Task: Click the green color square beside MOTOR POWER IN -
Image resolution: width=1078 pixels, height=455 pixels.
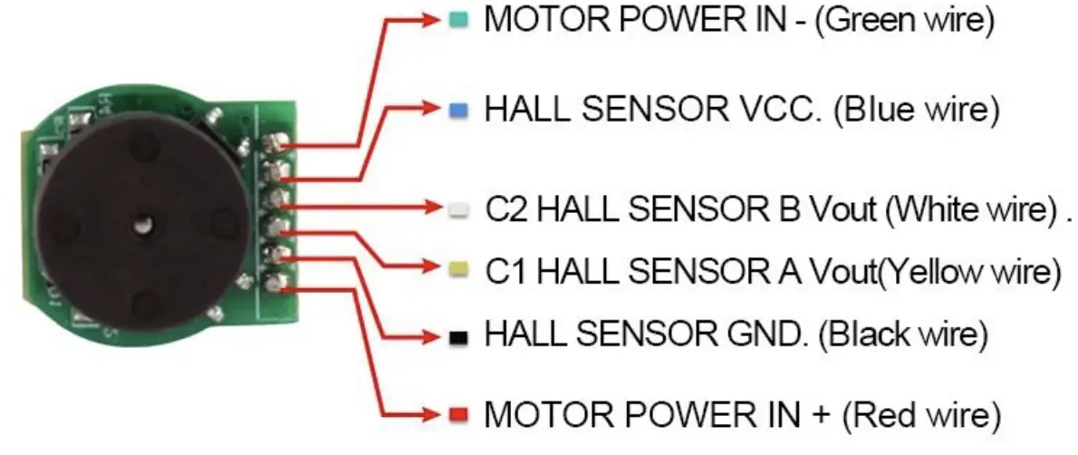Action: (459, 20)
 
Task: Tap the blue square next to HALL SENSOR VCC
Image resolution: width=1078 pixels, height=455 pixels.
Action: (459, 110)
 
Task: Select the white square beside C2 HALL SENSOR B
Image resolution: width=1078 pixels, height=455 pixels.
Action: (459, 209)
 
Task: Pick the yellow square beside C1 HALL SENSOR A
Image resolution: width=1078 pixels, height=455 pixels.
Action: (459, 268)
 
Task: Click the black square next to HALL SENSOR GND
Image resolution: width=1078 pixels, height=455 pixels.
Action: (459, 337)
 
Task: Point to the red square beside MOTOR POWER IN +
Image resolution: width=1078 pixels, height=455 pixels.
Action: (459, 415)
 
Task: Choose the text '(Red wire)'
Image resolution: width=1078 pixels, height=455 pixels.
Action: (921, 415)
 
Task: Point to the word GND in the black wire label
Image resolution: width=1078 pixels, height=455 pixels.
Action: (762, 334)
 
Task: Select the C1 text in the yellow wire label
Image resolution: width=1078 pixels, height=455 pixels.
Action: (504, 269)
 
